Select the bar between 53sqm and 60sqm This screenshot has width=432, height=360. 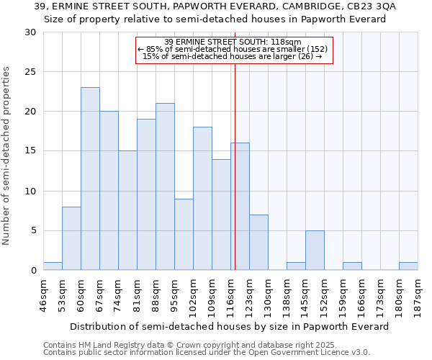71,238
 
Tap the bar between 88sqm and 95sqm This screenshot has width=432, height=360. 165,186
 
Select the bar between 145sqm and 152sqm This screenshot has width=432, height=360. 315,250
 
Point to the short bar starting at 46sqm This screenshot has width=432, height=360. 53,266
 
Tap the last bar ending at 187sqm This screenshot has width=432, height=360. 408,266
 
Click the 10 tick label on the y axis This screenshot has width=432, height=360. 31,192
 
